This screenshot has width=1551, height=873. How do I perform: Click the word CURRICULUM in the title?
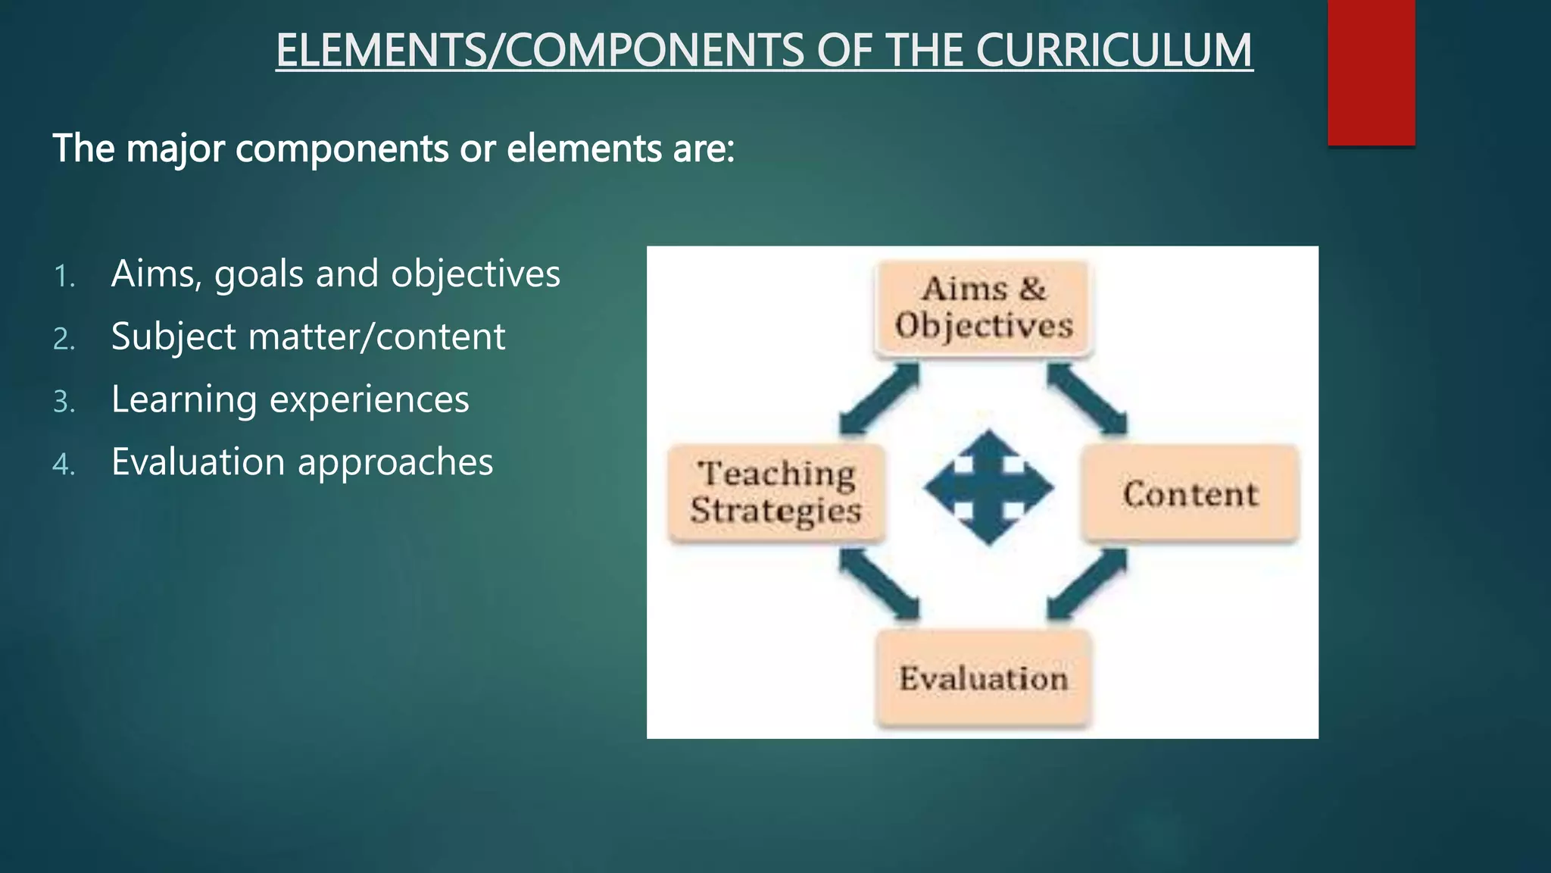coord(1113,51)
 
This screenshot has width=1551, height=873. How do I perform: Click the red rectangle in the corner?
coord(1371,72)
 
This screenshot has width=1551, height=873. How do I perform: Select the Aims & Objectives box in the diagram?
coord(983,308)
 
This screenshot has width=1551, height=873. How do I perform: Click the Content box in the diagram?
coord(1190,494)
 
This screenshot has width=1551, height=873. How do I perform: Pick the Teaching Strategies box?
coord(776,493)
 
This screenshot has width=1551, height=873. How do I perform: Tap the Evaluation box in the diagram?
coord(983,678)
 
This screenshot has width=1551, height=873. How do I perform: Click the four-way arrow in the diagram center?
coord(988,488)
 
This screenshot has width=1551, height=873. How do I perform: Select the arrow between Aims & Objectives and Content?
coord(1088,399)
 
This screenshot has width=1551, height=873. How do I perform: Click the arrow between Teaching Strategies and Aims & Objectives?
coord(879,399)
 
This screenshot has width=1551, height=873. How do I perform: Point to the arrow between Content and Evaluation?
coord(1088,584)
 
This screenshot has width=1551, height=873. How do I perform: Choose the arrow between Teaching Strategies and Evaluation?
coord(879,584)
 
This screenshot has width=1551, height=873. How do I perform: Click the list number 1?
coord(64,277)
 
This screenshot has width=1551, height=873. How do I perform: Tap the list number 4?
coord(64,465)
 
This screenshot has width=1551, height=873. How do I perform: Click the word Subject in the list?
coord(173,337)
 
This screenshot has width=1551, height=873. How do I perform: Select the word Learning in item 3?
coord(183,400)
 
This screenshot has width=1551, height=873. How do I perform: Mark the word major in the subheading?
coord(175,149)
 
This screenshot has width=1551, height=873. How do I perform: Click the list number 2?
coord(64,339)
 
